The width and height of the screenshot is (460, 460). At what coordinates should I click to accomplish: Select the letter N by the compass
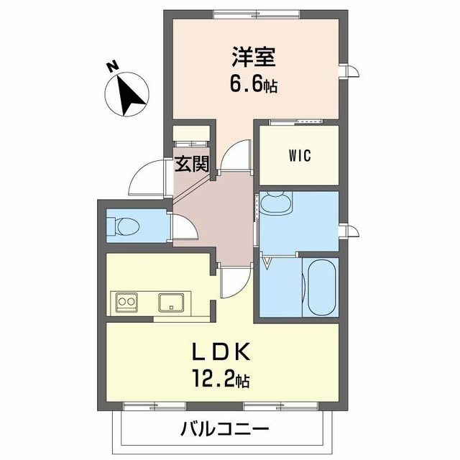112,67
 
